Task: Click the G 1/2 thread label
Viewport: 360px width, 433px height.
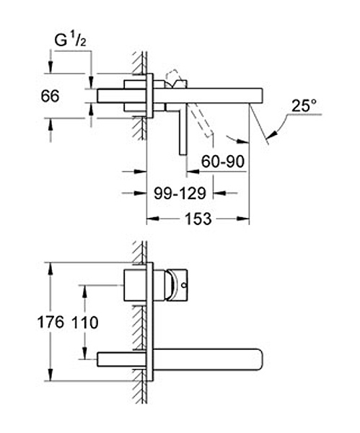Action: click(x=71, y=40)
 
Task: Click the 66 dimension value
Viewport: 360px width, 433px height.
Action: click(x=50, y=97)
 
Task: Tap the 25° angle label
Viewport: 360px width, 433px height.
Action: click(x=304, y=106)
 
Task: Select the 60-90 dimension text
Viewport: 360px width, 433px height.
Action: click(x=223, y=162)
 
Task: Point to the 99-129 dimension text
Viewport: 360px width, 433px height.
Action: click(x=180, y=193)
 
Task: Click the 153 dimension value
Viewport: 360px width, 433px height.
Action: click(x=198, y=219)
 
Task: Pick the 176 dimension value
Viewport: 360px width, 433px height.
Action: click(x=51, y=323)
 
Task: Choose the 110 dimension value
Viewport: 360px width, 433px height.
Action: click(x=84, y=323)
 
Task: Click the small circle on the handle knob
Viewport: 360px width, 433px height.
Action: click(x=184, y=285)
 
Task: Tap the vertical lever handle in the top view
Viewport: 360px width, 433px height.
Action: click(x=183, y=129)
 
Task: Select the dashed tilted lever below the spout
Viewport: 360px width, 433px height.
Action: click(x=202, y=121)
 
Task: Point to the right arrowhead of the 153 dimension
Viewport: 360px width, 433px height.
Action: click(x=243, y=219)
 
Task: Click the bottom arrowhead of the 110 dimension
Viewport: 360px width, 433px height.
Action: click(x=84, y=353)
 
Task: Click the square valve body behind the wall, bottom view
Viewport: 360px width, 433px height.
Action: click(x=135, y=285)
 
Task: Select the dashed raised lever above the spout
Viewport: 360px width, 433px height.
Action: click(x=172, y=78)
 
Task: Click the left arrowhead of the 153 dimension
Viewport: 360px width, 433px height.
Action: click(x=153, y=219)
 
